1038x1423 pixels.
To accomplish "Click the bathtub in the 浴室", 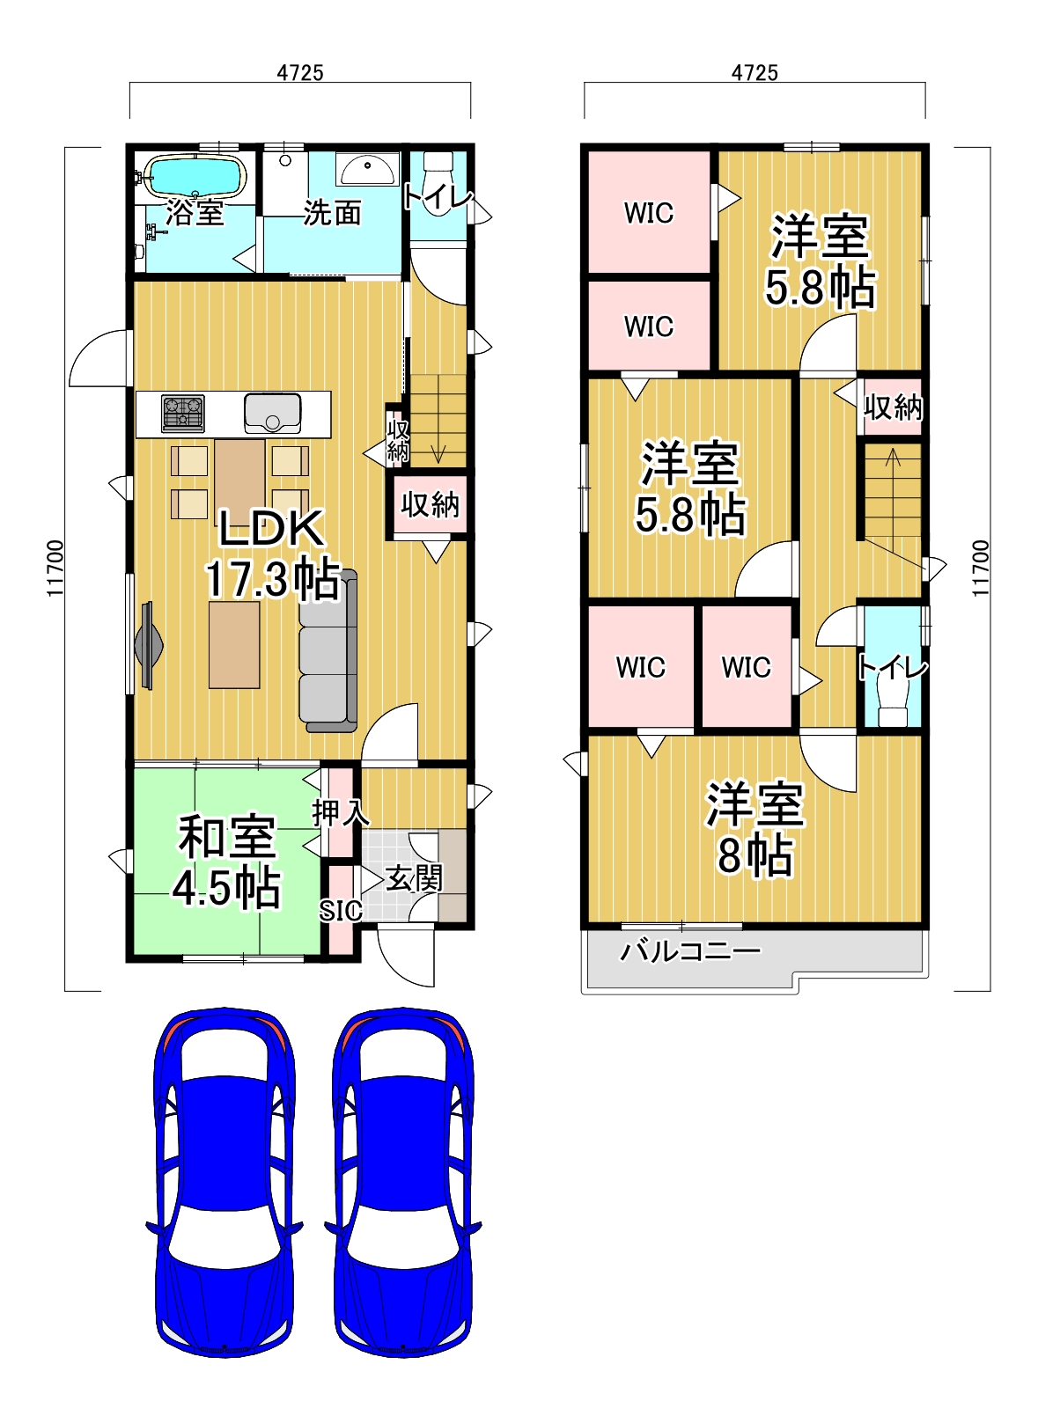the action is point(194,177).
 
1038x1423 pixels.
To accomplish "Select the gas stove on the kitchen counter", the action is point(183,414).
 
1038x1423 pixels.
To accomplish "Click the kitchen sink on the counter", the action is point(273,413).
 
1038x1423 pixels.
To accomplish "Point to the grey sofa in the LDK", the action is point(328,650).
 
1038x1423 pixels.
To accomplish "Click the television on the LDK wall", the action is point(148,645).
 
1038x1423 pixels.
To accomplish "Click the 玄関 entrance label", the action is point(414,880).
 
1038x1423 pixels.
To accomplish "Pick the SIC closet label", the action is point(340,911).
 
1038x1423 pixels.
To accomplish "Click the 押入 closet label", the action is point(340,812).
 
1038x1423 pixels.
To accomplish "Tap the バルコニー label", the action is point(689,951).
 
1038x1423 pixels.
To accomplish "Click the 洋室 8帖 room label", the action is point(755,830).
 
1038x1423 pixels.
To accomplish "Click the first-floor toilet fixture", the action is point(438,166).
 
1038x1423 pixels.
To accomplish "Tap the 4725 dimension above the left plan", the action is point(300,73).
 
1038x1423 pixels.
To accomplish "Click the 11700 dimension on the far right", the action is point(982,568).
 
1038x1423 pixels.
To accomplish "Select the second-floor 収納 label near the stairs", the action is point(893,407).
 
